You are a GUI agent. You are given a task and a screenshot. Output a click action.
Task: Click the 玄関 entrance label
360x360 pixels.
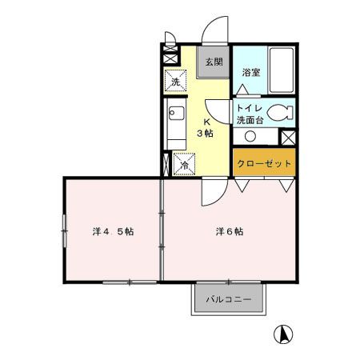pyautogui.click(x=212, y=62)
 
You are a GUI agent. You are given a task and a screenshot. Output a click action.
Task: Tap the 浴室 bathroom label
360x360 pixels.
pyautogui.click(x=251, y=72)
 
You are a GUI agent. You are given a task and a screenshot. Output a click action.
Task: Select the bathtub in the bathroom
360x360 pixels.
pyautogui.click(x=281, y=70)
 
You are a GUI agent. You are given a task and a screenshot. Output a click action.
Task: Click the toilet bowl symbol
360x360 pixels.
pyautogui.click(x=280, y=112)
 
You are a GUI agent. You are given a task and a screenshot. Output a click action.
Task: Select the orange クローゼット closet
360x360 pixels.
pyautogui.click(x=264, y=162)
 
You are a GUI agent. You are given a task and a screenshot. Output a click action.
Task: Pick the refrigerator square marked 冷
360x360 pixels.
pyautogui.click(x=182, y=164)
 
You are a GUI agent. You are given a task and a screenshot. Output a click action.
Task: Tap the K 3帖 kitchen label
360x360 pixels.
pyautogui.click(x=207, y=127)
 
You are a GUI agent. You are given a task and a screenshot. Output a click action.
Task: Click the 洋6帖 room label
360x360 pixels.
pyautogui.click(x=229, y=231)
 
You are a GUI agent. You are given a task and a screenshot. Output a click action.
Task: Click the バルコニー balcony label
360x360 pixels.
pyautogui.click(x=229, y=299)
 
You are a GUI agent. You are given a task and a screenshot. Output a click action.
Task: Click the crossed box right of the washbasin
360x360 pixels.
pyautogui.click(x=288, y=137)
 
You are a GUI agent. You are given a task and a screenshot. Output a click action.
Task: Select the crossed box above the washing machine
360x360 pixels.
pyautogui.click(x=170, y=58)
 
